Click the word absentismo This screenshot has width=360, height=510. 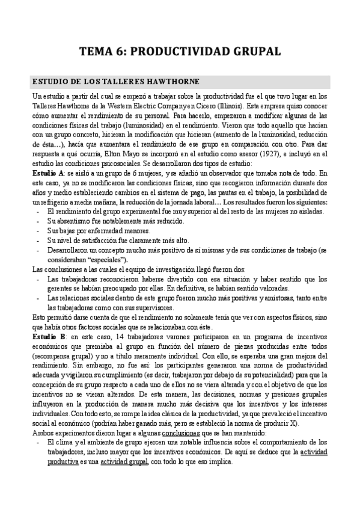pyautogui.click(x=74, y=221)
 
